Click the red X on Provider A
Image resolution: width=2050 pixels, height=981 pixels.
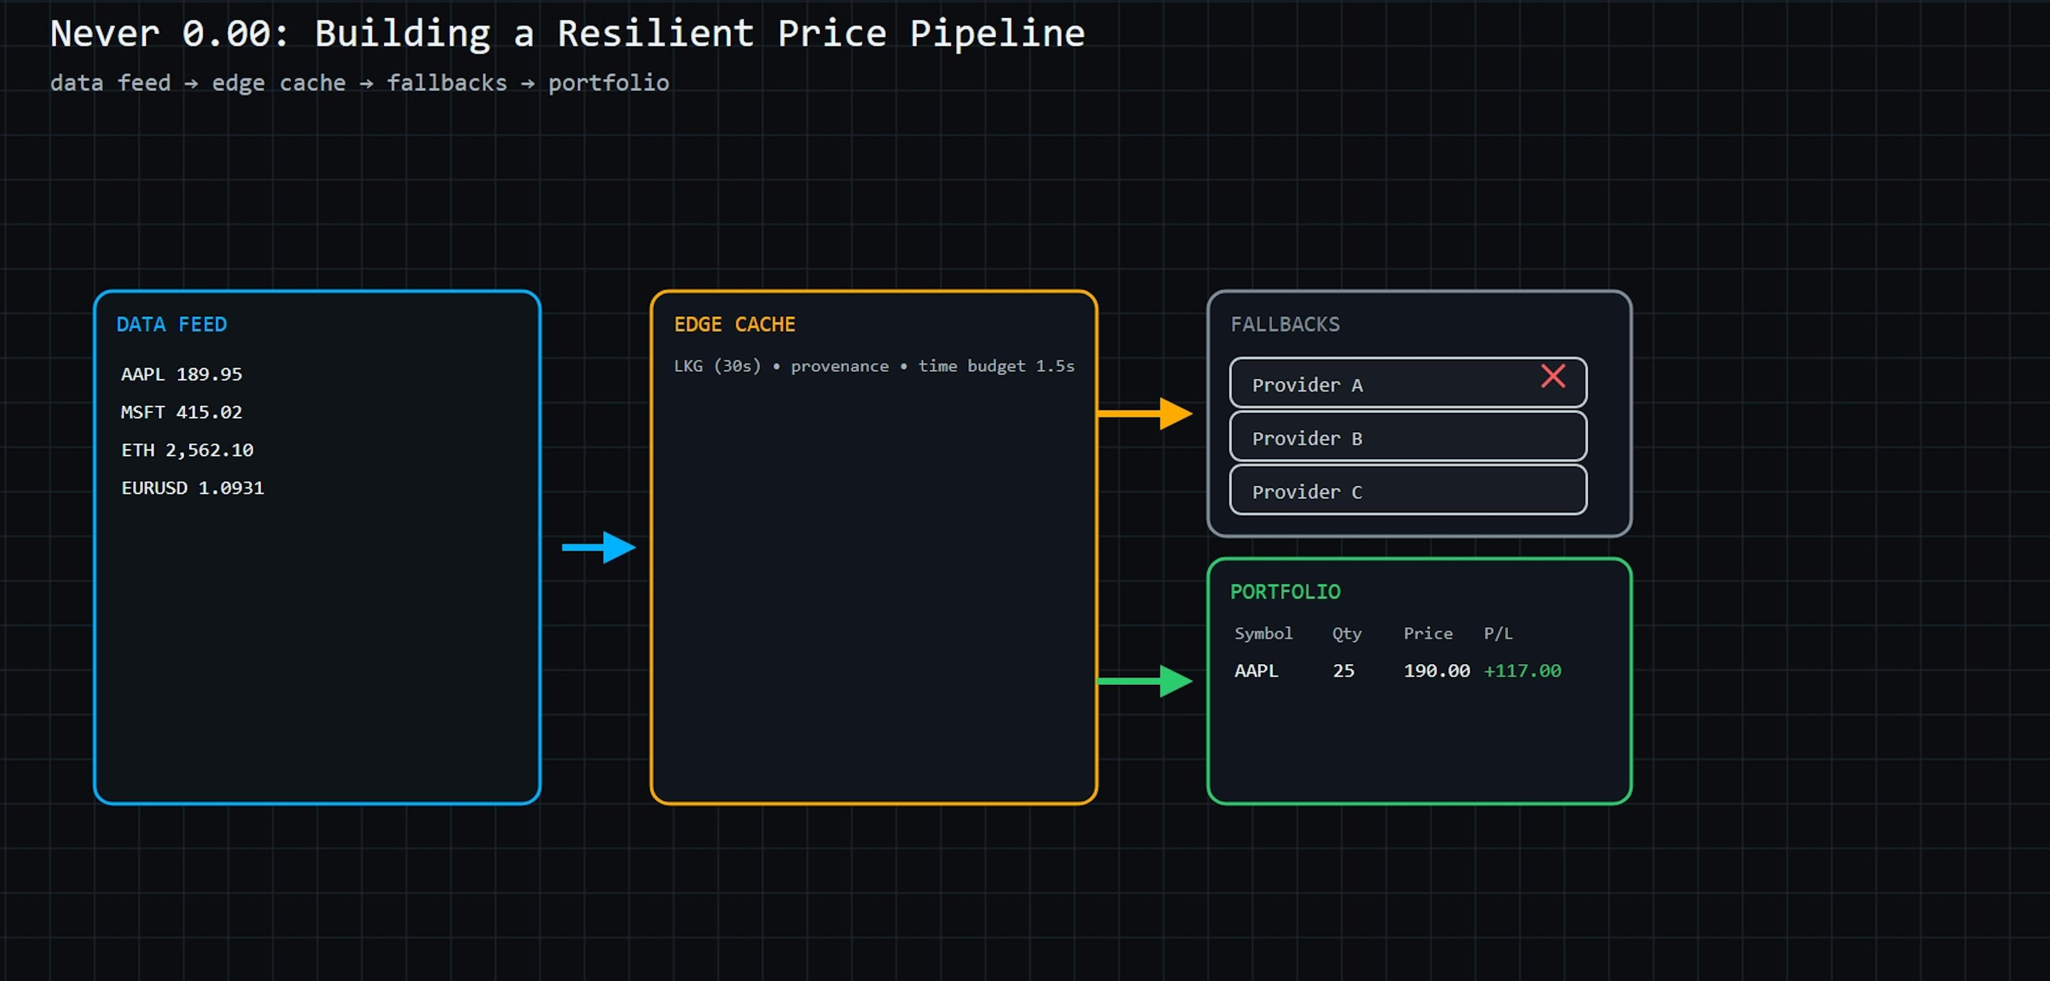(x=1552, y=376)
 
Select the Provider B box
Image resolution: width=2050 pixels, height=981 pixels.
(x=1407, y=437)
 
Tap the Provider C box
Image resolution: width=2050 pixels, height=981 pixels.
(x=1407, y=490)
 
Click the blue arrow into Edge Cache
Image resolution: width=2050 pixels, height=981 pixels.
(x=599, y=547)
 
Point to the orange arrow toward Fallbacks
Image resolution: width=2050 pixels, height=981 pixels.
(x=1145, y=413)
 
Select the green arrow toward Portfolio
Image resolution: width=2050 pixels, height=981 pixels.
(x=1145, y=681)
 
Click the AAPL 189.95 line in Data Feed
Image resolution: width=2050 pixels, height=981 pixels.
(x=182, y=374)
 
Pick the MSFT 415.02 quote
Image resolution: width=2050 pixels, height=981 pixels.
(x=182, y=411)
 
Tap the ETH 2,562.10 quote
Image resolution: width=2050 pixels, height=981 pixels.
(x=187, y=450)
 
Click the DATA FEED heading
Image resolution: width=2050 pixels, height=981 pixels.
(x=171, y=324)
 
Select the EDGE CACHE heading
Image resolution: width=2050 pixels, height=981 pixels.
(x=734, y=324)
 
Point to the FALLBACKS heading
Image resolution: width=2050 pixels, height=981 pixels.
(x=1284, y=324)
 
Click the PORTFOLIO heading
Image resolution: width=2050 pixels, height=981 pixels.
(x=1284, y=591)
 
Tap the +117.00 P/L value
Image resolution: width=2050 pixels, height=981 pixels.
(x=1521, y=671)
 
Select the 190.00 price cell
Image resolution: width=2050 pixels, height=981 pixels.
(x=1436, y=671)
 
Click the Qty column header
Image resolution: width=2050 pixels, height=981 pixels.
(x=1346, y=634)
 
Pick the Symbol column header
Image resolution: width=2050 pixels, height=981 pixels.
(x=1263, y=634)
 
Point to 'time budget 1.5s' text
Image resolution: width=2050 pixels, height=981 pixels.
(x=996, y=367)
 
